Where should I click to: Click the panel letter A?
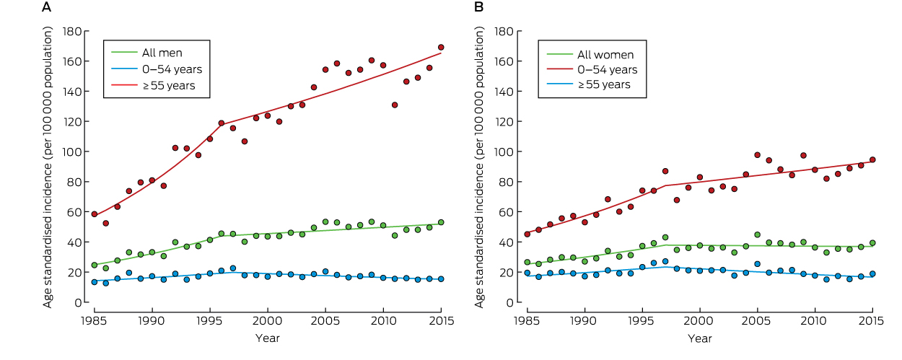(x=47, y=8)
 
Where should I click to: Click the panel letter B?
(x=478, y=8)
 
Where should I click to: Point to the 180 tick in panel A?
(x=71, y=31)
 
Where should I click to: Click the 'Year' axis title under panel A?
(x=267, y=338)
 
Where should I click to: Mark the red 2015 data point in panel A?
(x=441, y=48)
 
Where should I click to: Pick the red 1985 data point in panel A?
(x=94, y=214)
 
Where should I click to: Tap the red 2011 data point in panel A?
(x=395, y=105)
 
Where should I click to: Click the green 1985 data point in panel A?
(x=94, y=265)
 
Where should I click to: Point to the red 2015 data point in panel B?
(x=872, y=159)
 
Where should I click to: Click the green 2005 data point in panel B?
(x=757, y=234)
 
